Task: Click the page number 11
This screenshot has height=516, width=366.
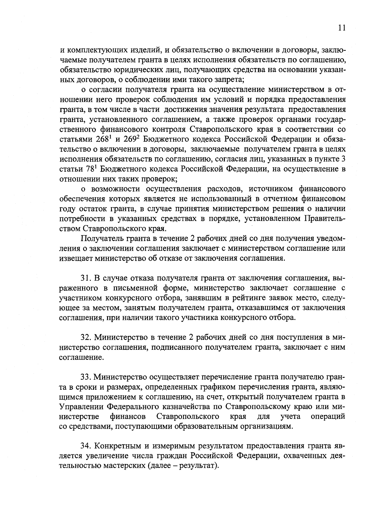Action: coord(342,28)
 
